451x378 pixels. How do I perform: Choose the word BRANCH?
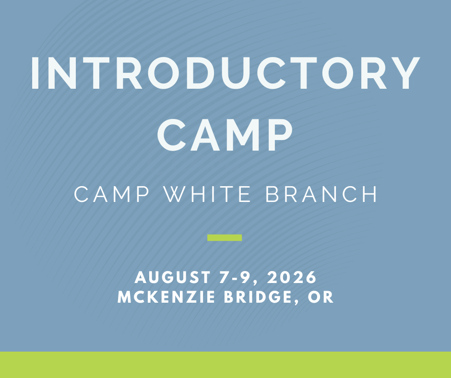321,194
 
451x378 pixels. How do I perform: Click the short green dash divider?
225,237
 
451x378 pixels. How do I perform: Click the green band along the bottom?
225,365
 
